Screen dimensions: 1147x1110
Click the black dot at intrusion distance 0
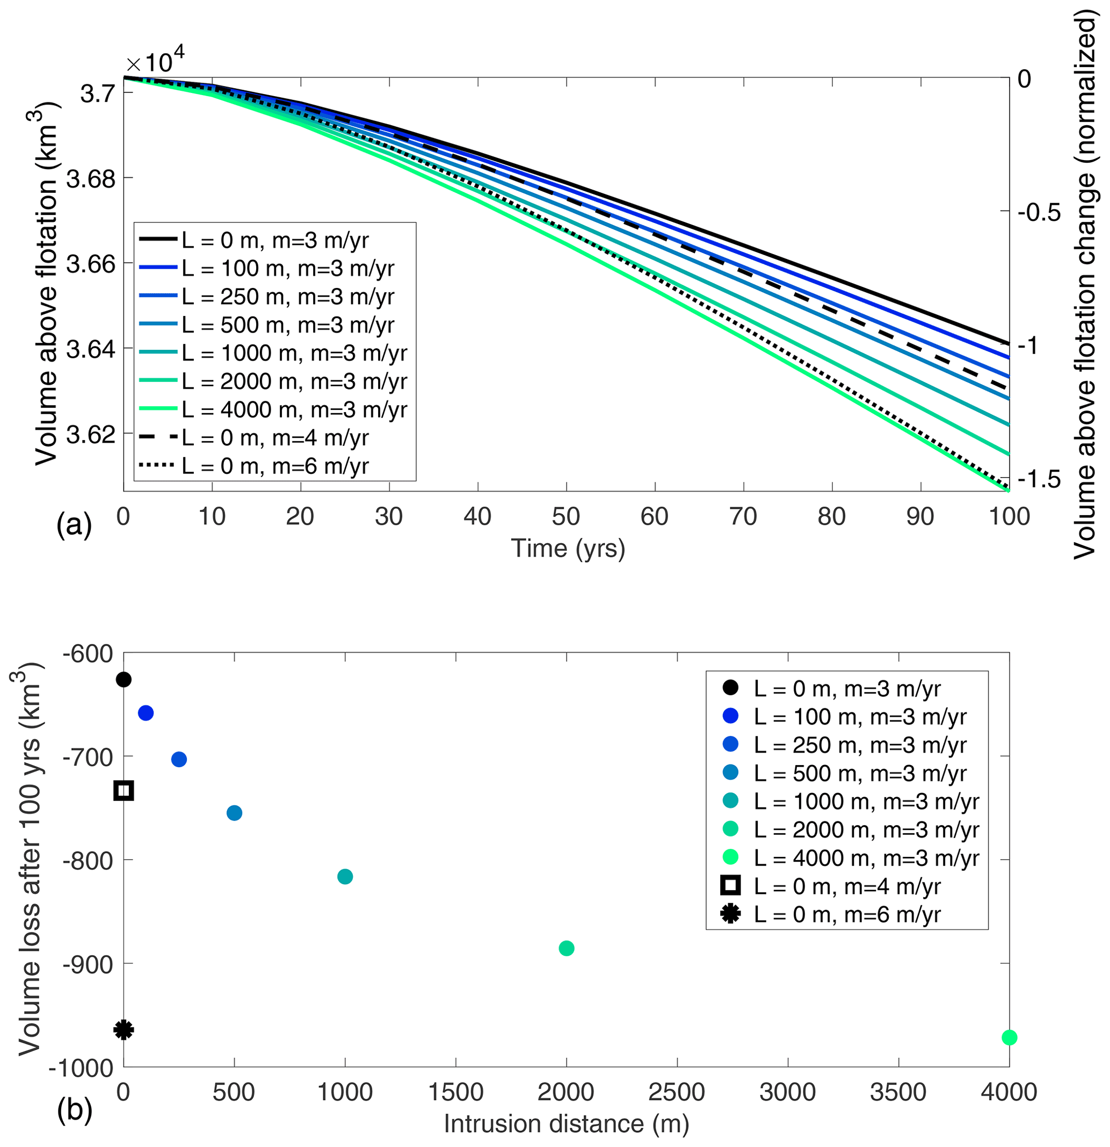click(124, 680)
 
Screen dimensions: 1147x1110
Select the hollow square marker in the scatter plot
click(124, 791)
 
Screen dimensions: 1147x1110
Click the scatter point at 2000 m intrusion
click(566, 948)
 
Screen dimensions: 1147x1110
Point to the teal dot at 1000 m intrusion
click(345, 876)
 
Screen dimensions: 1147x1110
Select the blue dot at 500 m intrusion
click(234, 813)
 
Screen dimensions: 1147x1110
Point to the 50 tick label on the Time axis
click(565, 517)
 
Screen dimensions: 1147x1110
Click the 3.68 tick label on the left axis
click(90, 178)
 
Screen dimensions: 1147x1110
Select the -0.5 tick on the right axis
click(1039, 212)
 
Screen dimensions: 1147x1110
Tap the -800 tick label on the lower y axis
click(87, 860)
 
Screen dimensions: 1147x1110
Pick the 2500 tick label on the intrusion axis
click(677, 1092)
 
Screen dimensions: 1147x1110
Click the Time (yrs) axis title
click(568, 549)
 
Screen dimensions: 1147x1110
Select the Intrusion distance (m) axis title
click(566, 1123)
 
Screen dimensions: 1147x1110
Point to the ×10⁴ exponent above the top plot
click(156, 61)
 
